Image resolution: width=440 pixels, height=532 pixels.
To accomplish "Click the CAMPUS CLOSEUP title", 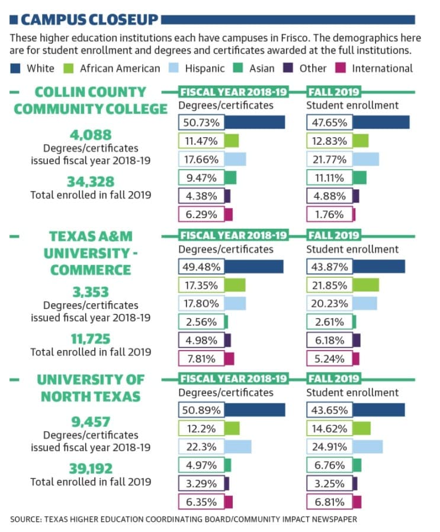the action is tap(89, 20).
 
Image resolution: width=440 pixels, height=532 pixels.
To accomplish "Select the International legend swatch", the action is tap(341, 68).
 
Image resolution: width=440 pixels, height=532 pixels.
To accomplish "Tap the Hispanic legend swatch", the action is tap(174, 68).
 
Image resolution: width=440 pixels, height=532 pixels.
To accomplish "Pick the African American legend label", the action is tap(120, 69).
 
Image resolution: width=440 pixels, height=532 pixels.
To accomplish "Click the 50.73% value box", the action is tap(201, 122).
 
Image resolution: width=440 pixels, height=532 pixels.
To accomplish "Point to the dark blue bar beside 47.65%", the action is tap(381, 122).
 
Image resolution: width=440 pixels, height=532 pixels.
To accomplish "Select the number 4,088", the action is tap(91, 135).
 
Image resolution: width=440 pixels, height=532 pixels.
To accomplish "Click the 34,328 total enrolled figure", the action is tap(91, 182).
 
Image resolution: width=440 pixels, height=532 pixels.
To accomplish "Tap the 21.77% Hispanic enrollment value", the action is tap(329, 159).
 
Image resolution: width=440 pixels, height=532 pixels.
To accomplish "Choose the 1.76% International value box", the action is tap(329, 215).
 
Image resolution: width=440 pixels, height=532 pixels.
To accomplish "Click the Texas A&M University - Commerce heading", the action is tap(91, 253).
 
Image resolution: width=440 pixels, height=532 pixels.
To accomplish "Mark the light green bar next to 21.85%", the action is tap(365, 285).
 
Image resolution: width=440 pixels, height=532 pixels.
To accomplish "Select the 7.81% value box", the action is tap(201, 359).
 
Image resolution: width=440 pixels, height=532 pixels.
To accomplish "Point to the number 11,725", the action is tap(91, 339).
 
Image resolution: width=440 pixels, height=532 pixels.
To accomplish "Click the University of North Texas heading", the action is tap(91, 388).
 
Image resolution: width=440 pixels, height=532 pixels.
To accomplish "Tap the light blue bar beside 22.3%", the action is tap(237, 447).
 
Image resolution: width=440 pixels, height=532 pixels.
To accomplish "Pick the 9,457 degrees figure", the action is tap(91, 422).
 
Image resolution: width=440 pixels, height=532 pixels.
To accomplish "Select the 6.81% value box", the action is tap(329, 502).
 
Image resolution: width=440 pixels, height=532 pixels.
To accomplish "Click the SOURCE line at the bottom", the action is tap(184, 520).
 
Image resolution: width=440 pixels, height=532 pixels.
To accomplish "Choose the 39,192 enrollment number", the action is tap(91, 469).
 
